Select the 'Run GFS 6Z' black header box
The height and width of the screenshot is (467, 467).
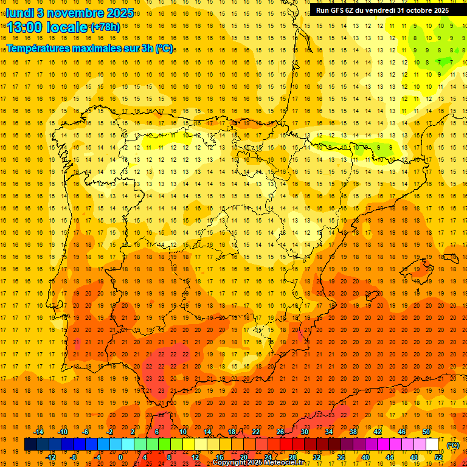382,10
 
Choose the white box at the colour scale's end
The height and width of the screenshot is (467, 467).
432,445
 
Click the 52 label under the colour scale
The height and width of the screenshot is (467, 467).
439,457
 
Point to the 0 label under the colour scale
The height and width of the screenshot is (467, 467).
120,457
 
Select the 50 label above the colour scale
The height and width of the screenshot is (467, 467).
426,431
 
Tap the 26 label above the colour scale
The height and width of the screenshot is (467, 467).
280,431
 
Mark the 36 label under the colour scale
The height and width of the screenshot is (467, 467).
341,457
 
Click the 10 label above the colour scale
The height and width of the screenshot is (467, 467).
182,431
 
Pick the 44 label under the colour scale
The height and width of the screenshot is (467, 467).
390,457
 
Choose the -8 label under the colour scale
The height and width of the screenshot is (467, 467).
73,457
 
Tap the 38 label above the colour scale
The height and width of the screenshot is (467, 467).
353,431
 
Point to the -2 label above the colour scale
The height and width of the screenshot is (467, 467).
110,431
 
